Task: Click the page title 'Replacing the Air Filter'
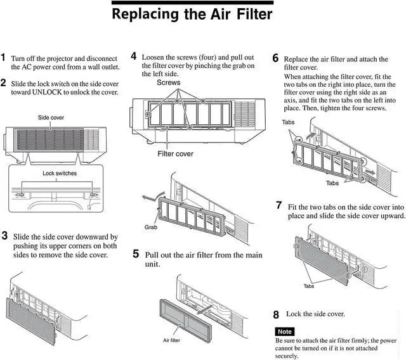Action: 192,13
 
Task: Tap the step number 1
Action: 4,58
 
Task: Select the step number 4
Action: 134,56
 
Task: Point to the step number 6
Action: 275,58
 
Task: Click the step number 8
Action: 276,314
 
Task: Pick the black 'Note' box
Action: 284,331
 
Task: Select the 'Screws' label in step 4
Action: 168,83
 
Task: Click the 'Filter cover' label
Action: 176,153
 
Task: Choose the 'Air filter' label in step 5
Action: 172,340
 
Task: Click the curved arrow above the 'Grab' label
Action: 150,199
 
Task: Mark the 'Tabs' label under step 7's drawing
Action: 309,286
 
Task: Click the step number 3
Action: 4,236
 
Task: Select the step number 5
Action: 136,254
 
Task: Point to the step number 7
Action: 278,205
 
